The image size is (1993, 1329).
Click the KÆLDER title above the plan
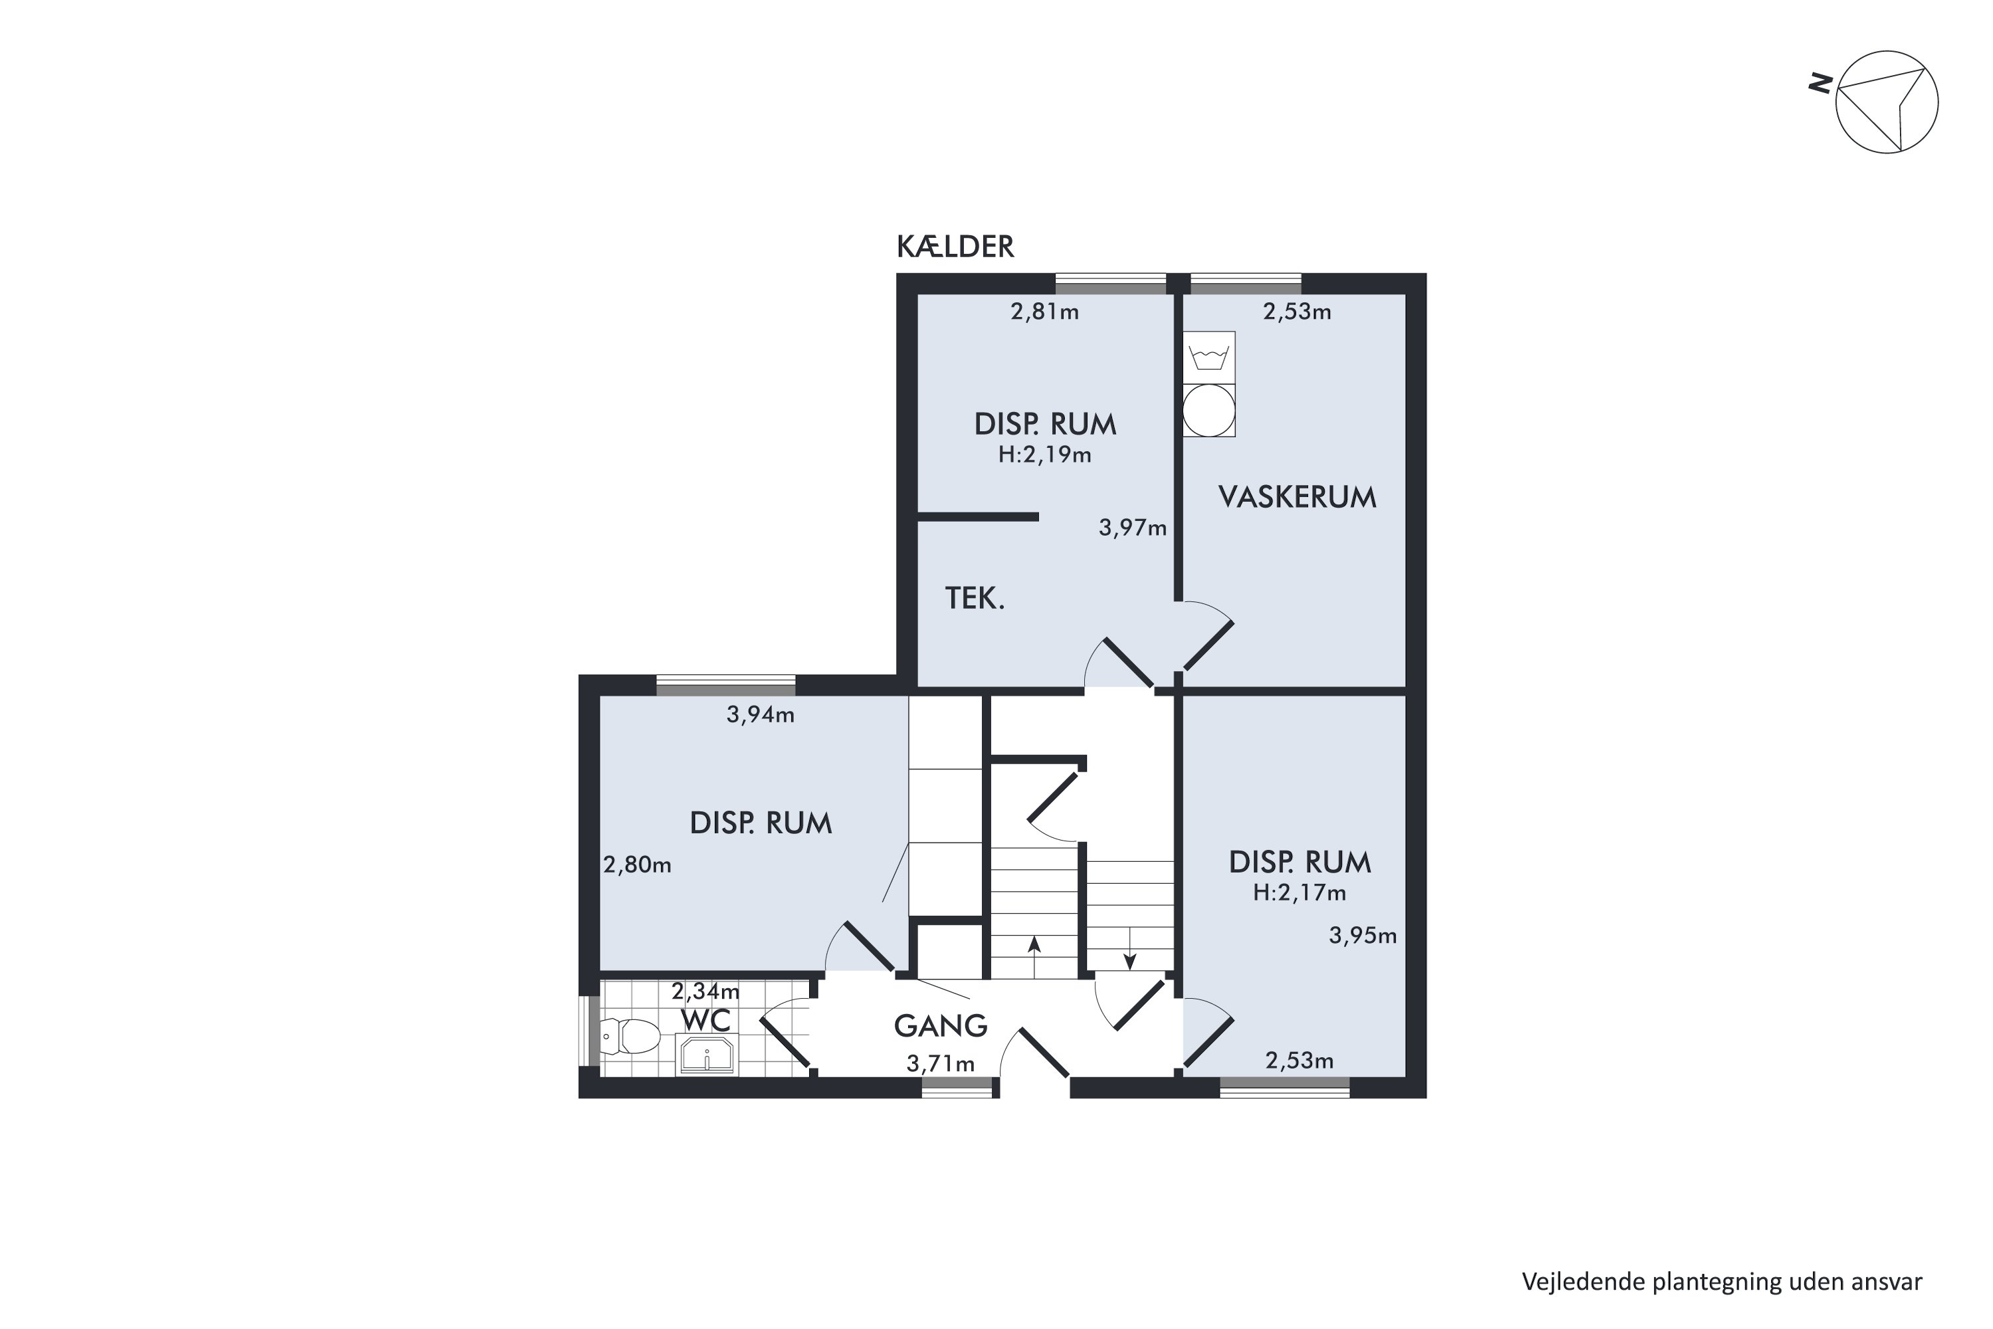(x=955, y=247)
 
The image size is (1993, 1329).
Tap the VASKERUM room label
(x=1297, y=496)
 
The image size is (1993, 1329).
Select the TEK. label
(x=975, y=599)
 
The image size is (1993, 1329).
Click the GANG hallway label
(x=941, y=1027)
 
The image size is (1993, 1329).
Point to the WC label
(x=706, y=1021)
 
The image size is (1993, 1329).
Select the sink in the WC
(x=707, y=1055)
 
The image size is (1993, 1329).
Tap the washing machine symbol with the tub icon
(x=1209, y=357)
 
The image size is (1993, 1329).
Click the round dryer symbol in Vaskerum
(x=1209, y=410)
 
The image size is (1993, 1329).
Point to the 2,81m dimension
(x=1045, y=312)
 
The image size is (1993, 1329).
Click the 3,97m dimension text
(x=1133, y=528)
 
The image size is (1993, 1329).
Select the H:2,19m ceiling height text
(x=1045, y=455)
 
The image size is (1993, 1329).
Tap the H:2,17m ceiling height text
(x=1300, y=892)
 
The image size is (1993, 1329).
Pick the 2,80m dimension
(x=637, y=865)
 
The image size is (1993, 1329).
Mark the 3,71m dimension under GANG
(x=941, y=1064)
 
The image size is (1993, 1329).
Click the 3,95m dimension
(x=1363, y=936)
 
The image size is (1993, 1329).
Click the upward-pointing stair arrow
(x=1034, y=957)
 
